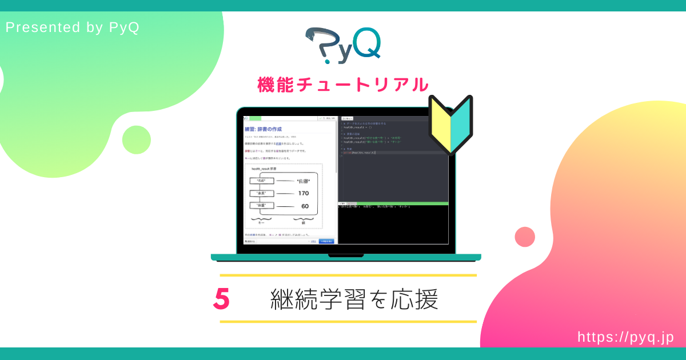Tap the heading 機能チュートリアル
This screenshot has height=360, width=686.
click(x=343, y=85)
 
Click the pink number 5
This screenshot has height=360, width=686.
click(x=221, y=299)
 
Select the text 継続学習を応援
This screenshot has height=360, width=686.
click(x=354, y=299)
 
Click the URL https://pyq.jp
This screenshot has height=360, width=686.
click(x=625, y=337)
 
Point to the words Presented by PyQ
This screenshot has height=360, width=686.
click(x=72, y=27)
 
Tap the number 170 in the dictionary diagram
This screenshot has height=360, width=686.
click(x=303, y=193)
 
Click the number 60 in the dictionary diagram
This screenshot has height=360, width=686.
click(x=305, y=206)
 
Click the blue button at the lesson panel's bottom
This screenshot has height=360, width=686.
click(x=326, y=242)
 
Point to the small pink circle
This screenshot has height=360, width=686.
click(x=525, y=237)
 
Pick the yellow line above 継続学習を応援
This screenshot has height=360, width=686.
click(x=348, y=275)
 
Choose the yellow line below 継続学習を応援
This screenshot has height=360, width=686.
click(x=348, y=322)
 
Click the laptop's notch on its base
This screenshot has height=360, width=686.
click(x=346, y=255)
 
